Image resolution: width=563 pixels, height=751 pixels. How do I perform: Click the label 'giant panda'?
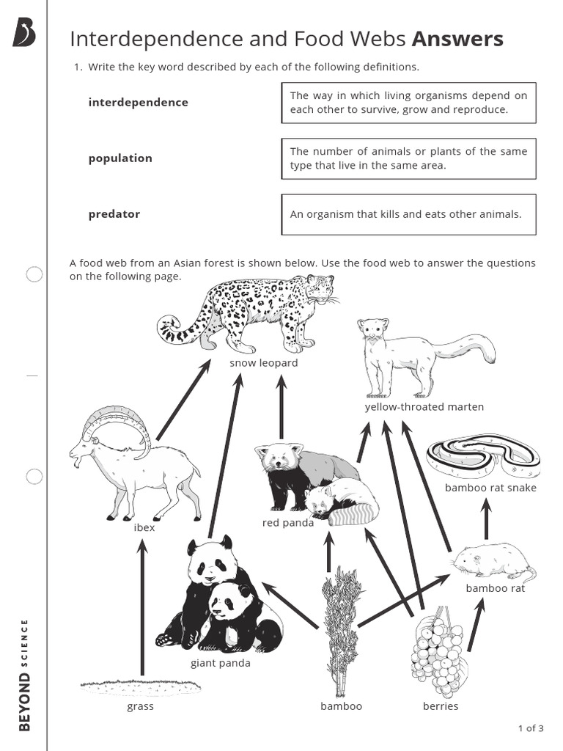[x=220, y=663]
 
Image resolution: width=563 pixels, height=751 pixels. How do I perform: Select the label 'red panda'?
[x=288, y=523]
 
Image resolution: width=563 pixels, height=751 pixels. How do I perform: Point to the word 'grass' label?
[x=140, y=706]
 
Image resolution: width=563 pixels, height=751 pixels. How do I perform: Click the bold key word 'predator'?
[x=114, y=214]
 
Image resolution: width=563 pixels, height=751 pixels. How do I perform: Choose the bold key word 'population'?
[x=120, y=158]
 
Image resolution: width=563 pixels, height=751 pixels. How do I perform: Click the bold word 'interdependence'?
[x=138, y=102]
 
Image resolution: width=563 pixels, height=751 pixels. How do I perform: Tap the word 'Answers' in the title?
[x=458, y=39]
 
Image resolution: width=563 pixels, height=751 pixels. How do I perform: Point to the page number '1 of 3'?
[x=531, y=728]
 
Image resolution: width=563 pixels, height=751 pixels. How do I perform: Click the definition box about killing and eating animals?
[x=408, y=214]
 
